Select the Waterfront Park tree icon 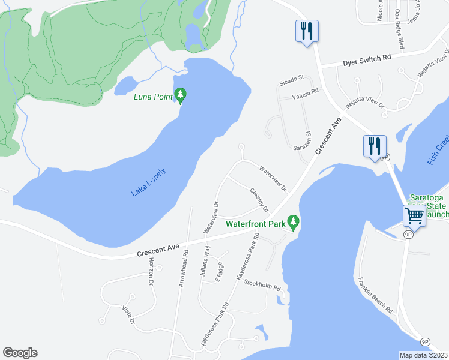tap(293, 222)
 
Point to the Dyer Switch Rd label tap(367, 60)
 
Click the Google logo tap(20, 353)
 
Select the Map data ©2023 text tap(424, 355)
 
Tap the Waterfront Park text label tap(255, 225)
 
